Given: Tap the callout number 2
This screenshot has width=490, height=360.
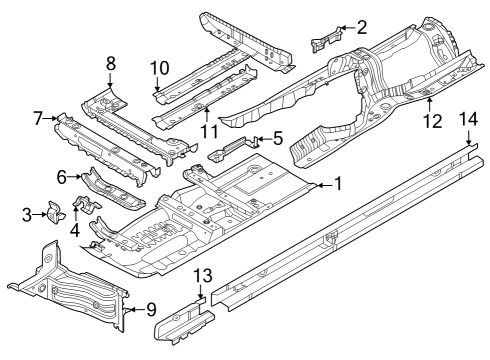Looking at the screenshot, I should (362, 28).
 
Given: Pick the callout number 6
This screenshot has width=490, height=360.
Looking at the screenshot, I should (61, 176).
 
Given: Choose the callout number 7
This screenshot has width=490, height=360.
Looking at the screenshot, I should (38, 119).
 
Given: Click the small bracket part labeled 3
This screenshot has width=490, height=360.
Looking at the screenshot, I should (55, 212).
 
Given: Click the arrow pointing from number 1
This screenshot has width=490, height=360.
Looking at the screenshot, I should (321, 185).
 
